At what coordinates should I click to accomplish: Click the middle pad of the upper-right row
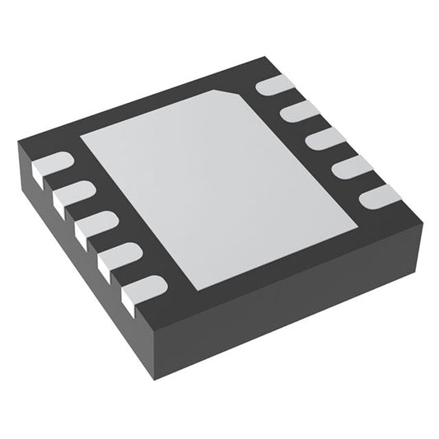click(326, 138)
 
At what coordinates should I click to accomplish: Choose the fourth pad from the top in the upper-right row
click(353, 166)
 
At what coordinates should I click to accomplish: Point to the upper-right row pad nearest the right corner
click(380, 195)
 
